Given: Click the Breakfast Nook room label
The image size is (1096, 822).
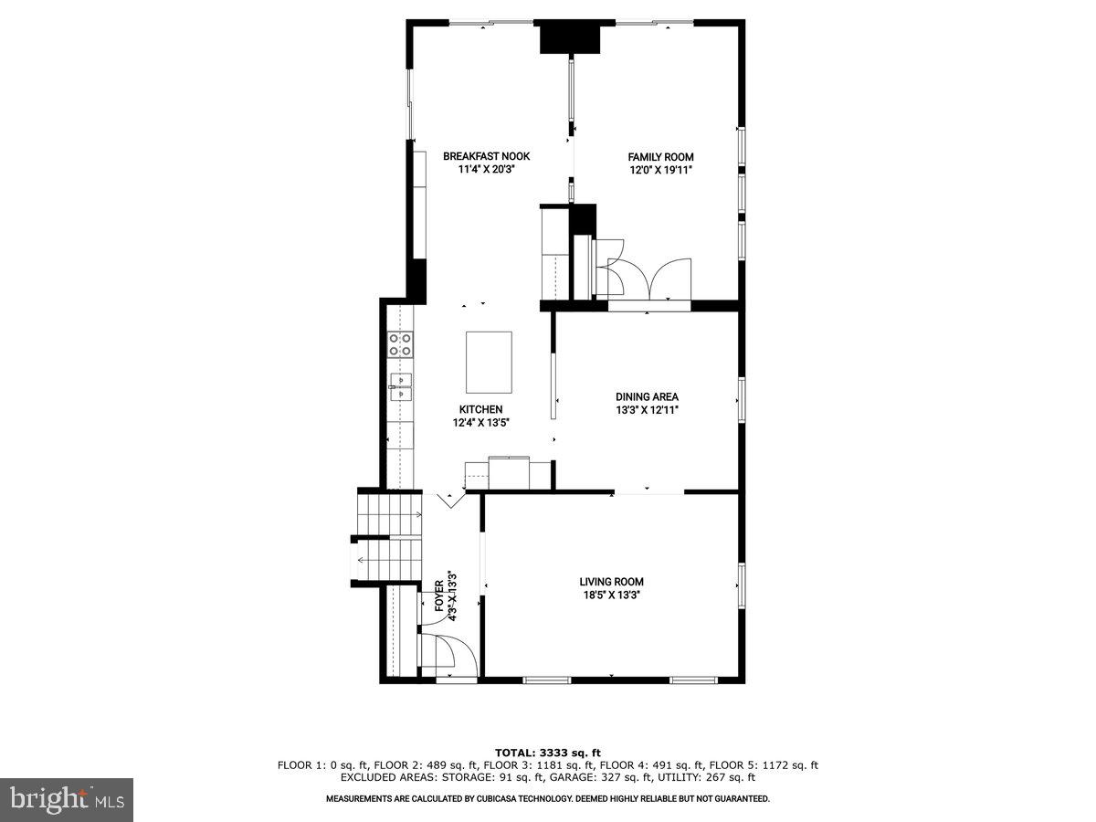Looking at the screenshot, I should [486, 156].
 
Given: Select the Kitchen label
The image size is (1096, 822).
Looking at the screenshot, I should [480, 409].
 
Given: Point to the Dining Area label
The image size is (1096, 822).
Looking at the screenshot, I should [647, 397].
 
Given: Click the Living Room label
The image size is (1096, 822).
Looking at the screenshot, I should [611, 582].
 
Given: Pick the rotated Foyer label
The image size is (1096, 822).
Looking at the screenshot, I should [439, 596].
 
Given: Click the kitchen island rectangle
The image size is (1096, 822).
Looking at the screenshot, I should [489, 362].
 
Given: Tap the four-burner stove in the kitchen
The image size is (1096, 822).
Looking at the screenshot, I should [400, 344].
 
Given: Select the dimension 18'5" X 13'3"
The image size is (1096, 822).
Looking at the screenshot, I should [611, 595].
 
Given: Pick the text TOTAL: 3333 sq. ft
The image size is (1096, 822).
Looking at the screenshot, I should [548, 753].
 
